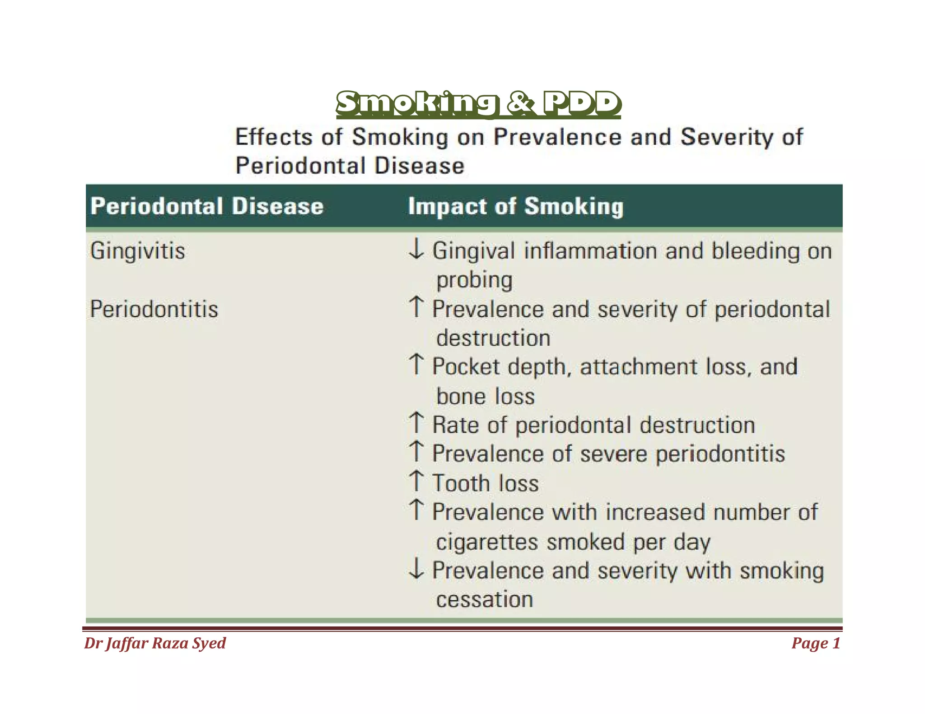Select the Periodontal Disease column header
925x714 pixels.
click(x=207, y=206)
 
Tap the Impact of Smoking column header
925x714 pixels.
click(x=515, y=207)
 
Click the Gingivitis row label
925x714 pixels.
click(x=137, y=250)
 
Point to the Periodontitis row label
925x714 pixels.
click(x=154, y=309)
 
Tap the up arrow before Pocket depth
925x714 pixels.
click(x=416, y=365)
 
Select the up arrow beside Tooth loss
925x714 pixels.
click(x=416, y=481)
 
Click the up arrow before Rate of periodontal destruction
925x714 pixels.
click(x=416, y=423)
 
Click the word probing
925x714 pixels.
click(x=474, y=281)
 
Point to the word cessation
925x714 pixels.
click(x=485, y=599)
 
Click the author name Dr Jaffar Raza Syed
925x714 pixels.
click(x=155, y=643)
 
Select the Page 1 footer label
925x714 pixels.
click(x=816, y=643)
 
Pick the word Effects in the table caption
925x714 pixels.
click(x=274, y=137)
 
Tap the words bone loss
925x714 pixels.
click(x=486, y=397)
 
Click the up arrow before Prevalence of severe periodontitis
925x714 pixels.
click(x=416, y=452)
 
